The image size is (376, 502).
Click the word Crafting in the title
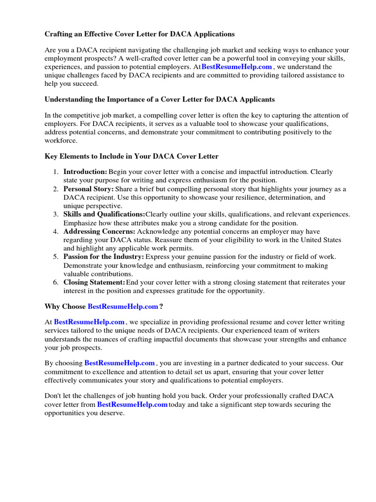pyautogui.click(x=60, y=34)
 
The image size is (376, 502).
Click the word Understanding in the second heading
pyautogui.click(x=68, y=99)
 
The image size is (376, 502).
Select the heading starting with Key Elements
pyautogui.click(x=131, y=156)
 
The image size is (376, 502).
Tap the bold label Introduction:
pyautogui.click(x=85, y=172)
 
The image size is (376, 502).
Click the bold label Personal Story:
pyautogui.click(x=89, y=189)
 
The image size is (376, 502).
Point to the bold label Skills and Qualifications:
pyautogui.click(x=104, y=214)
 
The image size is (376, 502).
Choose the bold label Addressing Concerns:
pyautogui.click(x=99, y=231)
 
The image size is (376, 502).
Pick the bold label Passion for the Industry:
pyautogui.click(x=104, y=257)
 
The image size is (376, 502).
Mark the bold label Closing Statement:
pyautogui.click(x=94, y=282)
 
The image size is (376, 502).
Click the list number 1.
pyautogui.click(x=55, y=172)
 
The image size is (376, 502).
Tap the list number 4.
pyautogui.click(x=55, y=231)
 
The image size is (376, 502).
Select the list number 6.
pyautogui.click(x=55, y=282)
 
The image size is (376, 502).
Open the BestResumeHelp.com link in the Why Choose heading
pyautogui.click(x=123, y=306)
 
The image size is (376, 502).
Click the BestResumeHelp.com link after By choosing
pyautogui.click(x=119, y=363)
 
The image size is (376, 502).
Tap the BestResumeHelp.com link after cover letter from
pyautogui.click(x=132, y=404)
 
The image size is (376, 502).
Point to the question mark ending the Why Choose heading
pyautogui.click(x=161, y=306)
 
